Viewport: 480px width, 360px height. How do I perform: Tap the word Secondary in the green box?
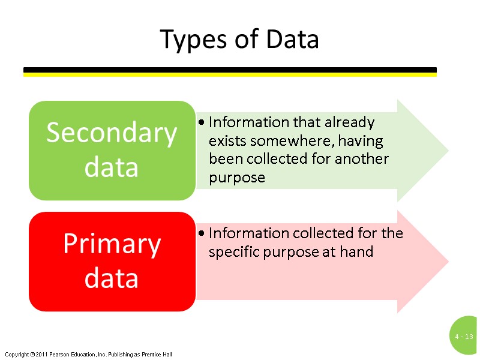[x=112, y=133]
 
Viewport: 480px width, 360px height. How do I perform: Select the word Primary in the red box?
[x=112, y=244]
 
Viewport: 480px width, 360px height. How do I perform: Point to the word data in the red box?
[x=112, y=278]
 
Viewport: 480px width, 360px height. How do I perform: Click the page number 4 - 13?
[x=464, y=337]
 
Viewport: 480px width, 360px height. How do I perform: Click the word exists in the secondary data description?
[x=227, y=141]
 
